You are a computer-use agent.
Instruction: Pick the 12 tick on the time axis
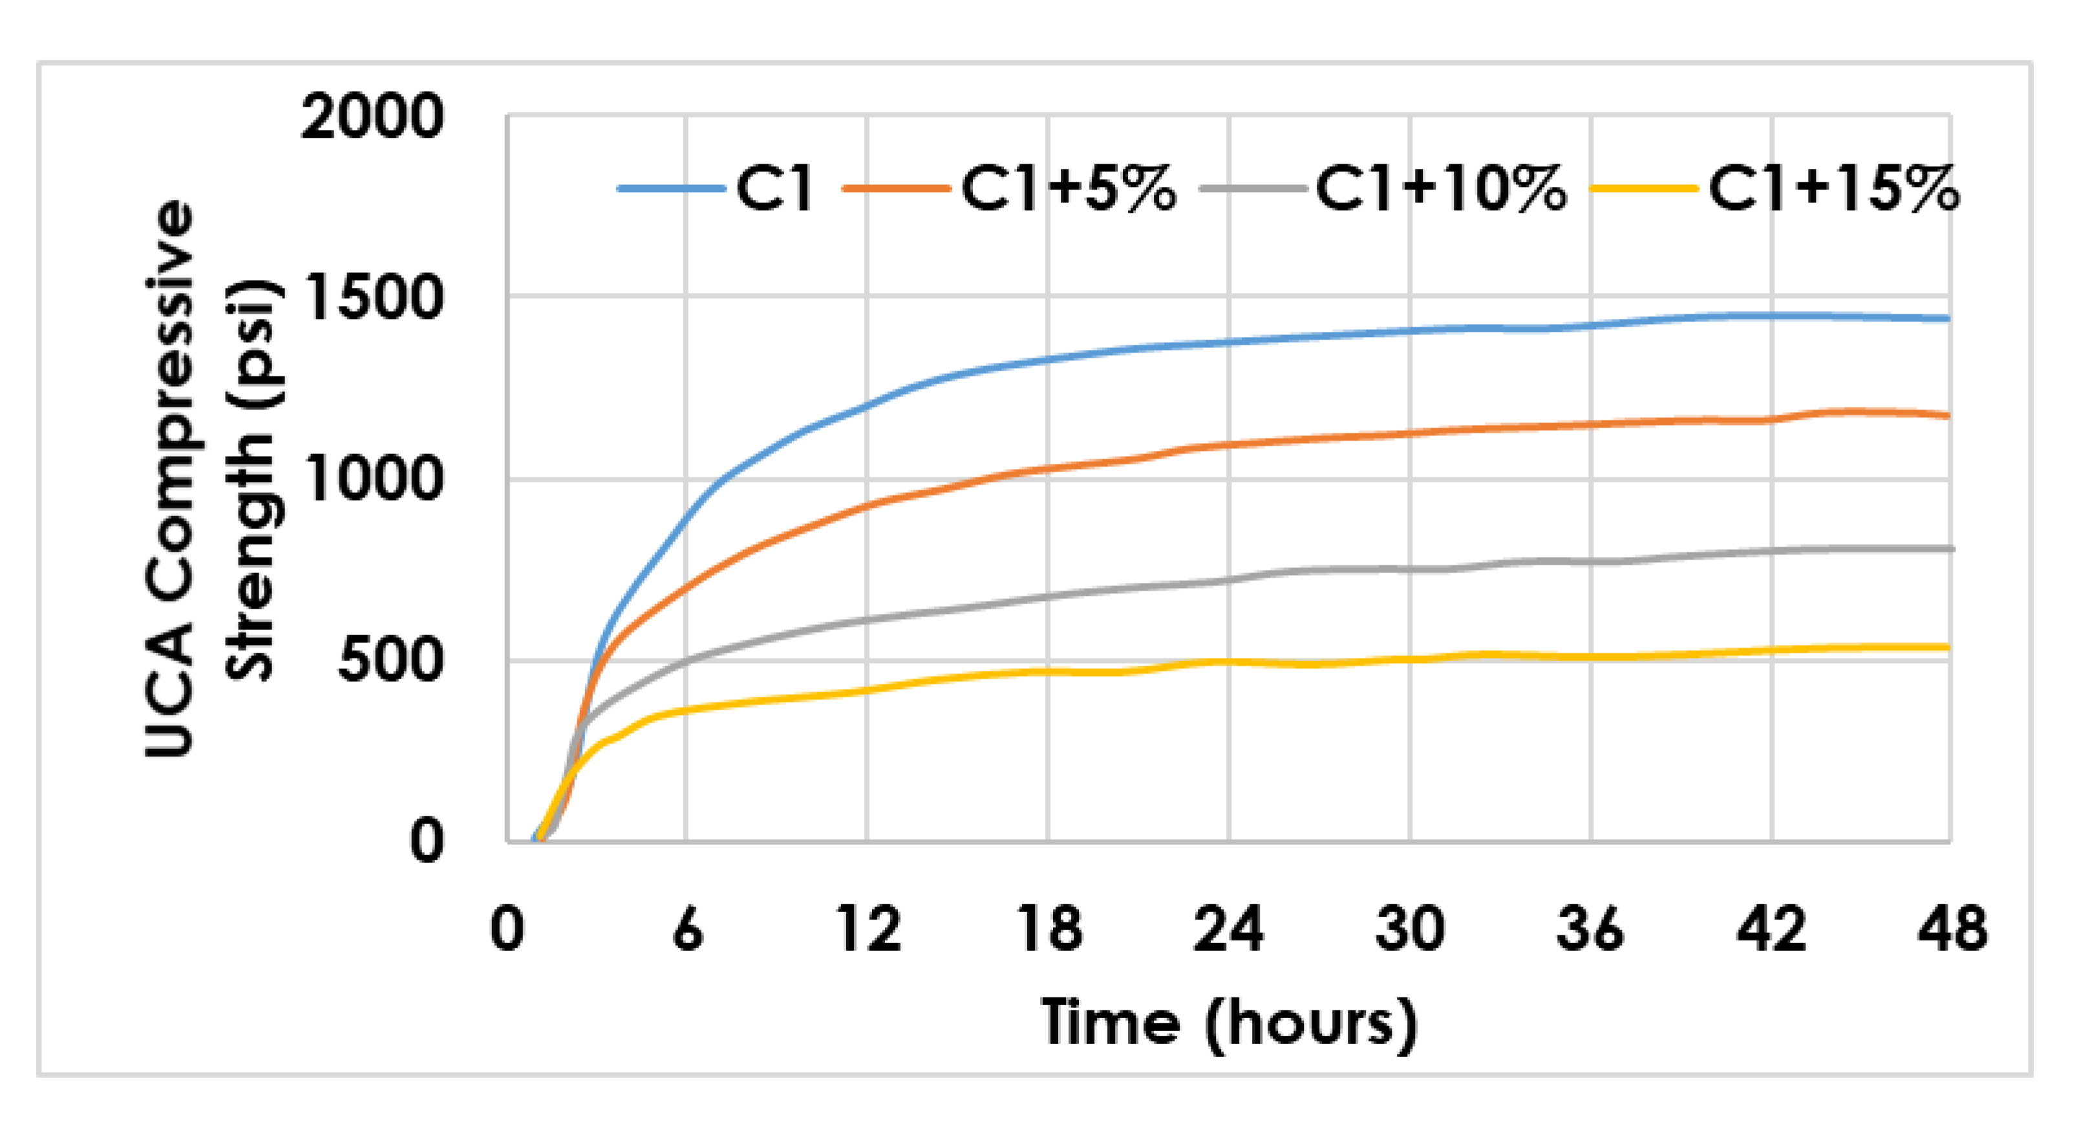[868, 929]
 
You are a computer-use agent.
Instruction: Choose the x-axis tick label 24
[1229, 929]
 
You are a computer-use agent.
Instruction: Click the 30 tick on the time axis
[1410, 929]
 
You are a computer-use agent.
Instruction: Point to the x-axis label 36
[1591, 929]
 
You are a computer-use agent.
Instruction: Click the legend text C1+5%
[1069, 190]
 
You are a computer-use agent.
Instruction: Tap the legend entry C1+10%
[1441, 190]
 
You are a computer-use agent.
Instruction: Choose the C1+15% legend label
[1833, 190]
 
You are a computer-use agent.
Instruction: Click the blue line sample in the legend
[671, 189]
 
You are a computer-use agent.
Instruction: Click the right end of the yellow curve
[1947, 647]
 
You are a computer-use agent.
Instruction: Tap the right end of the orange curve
[1947, 416]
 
